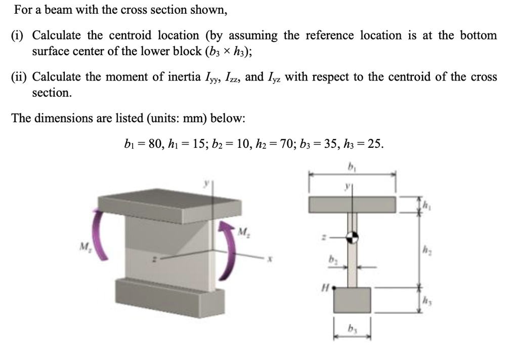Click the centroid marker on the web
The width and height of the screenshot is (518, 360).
[352, 236]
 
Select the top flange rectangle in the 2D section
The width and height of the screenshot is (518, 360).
[352, 204]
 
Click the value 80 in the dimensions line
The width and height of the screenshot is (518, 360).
[150, 144]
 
